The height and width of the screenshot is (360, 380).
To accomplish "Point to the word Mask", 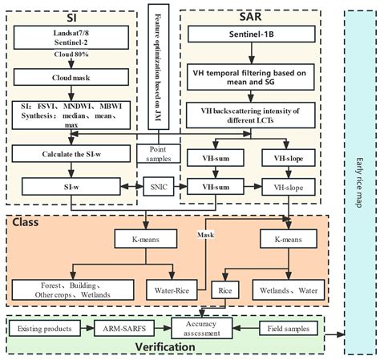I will point(206,234).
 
